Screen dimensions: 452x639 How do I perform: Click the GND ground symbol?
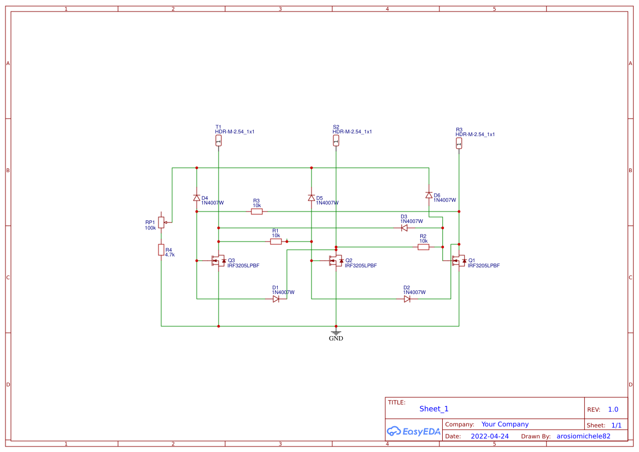pyautogui.click(x=336, y=332)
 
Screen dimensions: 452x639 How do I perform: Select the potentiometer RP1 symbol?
pyautogui.click(x=161, y=222)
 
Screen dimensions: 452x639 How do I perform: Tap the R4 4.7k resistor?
pyautogui.click(x=161, y=250)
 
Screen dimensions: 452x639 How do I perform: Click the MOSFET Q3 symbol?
pyautogui.click(x=219, y=261)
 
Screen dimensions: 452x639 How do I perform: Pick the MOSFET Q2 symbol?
pyautogui.click(x=336, y=261)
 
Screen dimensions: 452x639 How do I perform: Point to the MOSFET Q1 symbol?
pyautogui.click(x=459, y=261)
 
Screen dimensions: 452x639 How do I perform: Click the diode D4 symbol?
pyautogui.click(x=197, y=198)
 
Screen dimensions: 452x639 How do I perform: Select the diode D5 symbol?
pyautogui.click(x=311, y=198)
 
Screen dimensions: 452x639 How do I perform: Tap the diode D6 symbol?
pyautogui.click(x=429, y=195)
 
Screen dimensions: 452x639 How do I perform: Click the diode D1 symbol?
pyautogui.click(x=276, y=299)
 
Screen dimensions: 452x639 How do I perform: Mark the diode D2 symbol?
pyautogui.click(x=407, y=299)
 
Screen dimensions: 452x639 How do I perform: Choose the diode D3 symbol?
pyautogui.click(x=404, y=228)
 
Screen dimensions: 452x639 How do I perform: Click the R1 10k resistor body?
pyautogui.click(x=276, y=241)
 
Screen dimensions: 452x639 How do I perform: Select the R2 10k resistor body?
pyautogui.click(x=423, y=247)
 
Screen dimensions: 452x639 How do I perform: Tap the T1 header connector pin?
pyautogui.click(x=219, y=141)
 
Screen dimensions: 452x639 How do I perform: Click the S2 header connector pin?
pyautogui.click(x=336, y=141)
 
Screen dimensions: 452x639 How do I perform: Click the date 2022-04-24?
pyautogui.click(x=489, y=436)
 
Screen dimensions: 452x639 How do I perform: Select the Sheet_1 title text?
pyautogui.click(x=434, y=409)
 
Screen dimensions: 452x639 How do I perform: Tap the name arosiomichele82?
pyautogui.click(x=583, y=436)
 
